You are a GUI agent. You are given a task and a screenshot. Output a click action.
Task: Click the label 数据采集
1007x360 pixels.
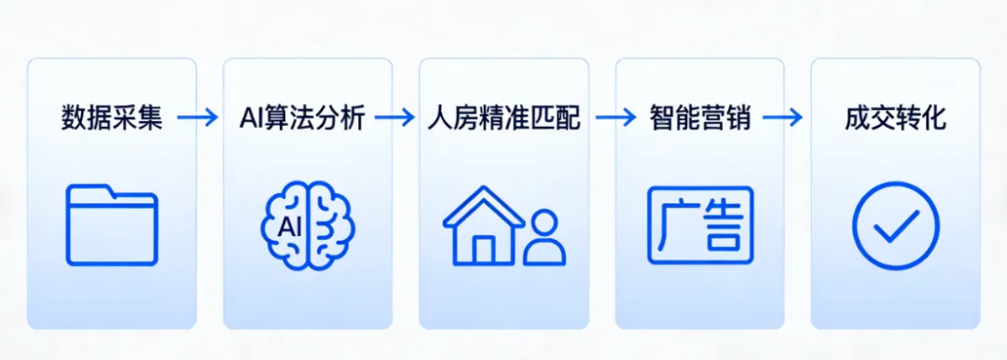112,118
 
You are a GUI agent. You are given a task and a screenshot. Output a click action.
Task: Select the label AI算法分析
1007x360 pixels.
299,118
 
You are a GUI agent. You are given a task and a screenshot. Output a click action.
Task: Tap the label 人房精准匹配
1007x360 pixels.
504,118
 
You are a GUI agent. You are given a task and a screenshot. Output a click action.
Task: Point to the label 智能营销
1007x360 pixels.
700,118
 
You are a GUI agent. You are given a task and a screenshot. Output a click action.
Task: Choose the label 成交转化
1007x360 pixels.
895,118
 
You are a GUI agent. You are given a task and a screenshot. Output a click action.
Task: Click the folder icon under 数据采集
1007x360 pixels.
112,225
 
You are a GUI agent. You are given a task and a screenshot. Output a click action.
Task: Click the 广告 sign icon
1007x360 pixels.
700,225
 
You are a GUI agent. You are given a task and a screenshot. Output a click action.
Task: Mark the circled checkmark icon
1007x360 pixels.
895,226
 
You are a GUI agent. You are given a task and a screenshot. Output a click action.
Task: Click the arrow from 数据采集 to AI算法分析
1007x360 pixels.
197,118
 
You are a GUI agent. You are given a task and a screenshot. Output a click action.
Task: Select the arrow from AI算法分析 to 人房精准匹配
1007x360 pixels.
395,118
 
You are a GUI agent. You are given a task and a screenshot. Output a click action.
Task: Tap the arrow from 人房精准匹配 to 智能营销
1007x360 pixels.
614,118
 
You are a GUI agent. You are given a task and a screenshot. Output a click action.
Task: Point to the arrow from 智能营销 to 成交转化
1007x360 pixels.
782,118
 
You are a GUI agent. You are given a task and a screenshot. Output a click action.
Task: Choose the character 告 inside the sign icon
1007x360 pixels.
724,226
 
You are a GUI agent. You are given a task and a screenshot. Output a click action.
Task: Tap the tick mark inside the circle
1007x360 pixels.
896,225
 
